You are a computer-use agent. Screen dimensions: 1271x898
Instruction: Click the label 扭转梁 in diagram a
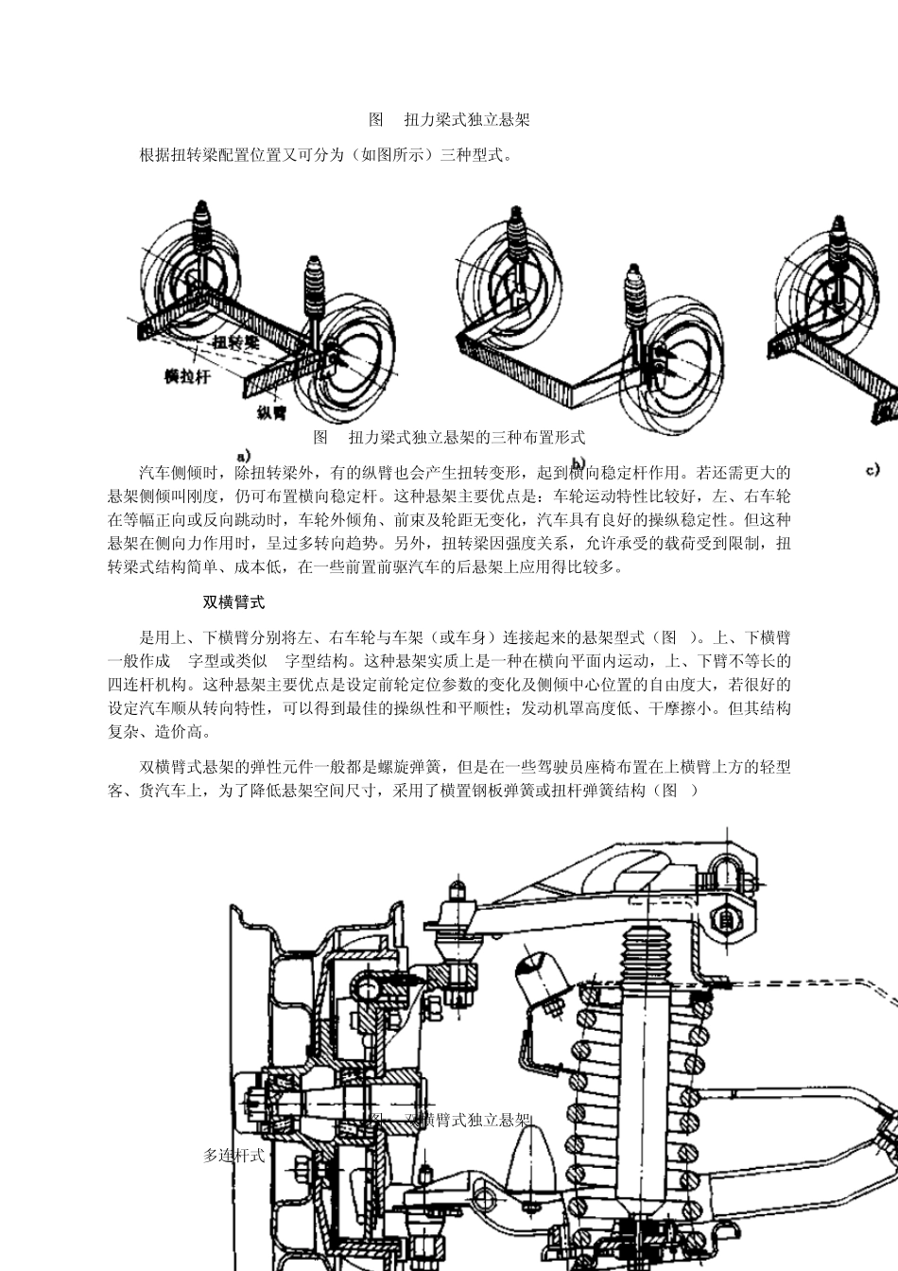pos(236,341)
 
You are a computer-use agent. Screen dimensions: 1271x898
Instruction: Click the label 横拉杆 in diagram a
pos(187,375)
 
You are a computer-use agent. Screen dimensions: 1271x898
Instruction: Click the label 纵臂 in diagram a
pos(271,412)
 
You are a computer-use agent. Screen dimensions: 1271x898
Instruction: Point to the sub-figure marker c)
pos(875,468)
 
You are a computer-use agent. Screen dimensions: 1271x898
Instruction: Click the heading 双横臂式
pos(233,602)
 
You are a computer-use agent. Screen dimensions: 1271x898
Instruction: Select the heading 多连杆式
pos(233,1155)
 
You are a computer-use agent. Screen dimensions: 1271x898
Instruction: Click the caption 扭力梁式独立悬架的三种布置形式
pos(448,437)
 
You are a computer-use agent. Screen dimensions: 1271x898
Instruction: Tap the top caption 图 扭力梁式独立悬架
pos(448,120)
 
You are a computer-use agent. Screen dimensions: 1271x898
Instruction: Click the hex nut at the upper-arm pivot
pos(728,916)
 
